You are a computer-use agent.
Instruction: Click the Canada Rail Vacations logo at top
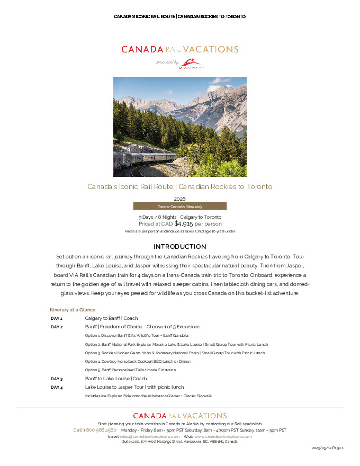click(x=179, y=49)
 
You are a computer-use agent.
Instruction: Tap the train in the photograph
click(x=146, y=158)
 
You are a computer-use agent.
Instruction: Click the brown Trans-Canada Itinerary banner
click(x=179, y=206)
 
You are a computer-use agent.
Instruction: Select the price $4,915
click(x=183, y=223)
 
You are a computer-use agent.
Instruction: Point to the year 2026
click(x=179, y=199)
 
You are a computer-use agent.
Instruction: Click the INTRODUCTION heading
click(x=179, y=247)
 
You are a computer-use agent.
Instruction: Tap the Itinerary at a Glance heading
click(x=73, y=309)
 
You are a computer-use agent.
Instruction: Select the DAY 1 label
click(x=57, y=318)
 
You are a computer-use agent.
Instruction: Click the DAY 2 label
click(x=57, y=327)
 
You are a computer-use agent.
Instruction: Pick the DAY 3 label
click(x=57, y=379)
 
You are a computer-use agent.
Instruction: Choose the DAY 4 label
click(x=57, y=387)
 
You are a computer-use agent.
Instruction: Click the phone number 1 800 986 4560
click(x=95, y=430)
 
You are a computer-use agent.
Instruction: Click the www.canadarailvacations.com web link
click(x=223, y=436)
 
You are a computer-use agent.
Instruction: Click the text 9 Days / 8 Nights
click(x=157, y=217)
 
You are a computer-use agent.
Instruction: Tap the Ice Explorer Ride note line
click(x=148, y=396)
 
